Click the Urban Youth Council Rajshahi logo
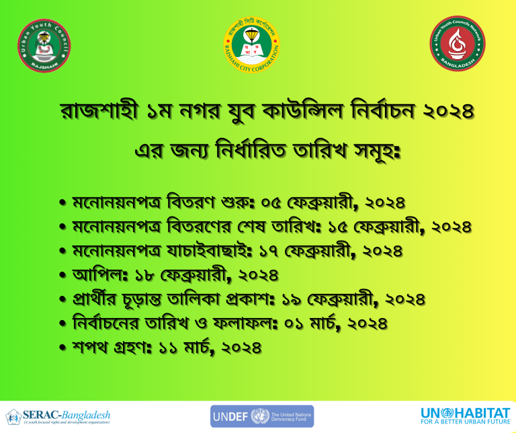44,46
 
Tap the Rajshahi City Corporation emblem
252,45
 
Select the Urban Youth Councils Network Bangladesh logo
458,44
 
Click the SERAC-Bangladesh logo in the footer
58,416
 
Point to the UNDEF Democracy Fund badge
262,416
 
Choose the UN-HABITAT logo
466,416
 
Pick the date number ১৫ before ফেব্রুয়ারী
337,227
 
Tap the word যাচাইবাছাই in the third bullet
209,250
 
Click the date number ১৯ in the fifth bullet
292,300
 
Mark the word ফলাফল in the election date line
245,323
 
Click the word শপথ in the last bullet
90,348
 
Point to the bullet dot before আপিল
63,275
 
